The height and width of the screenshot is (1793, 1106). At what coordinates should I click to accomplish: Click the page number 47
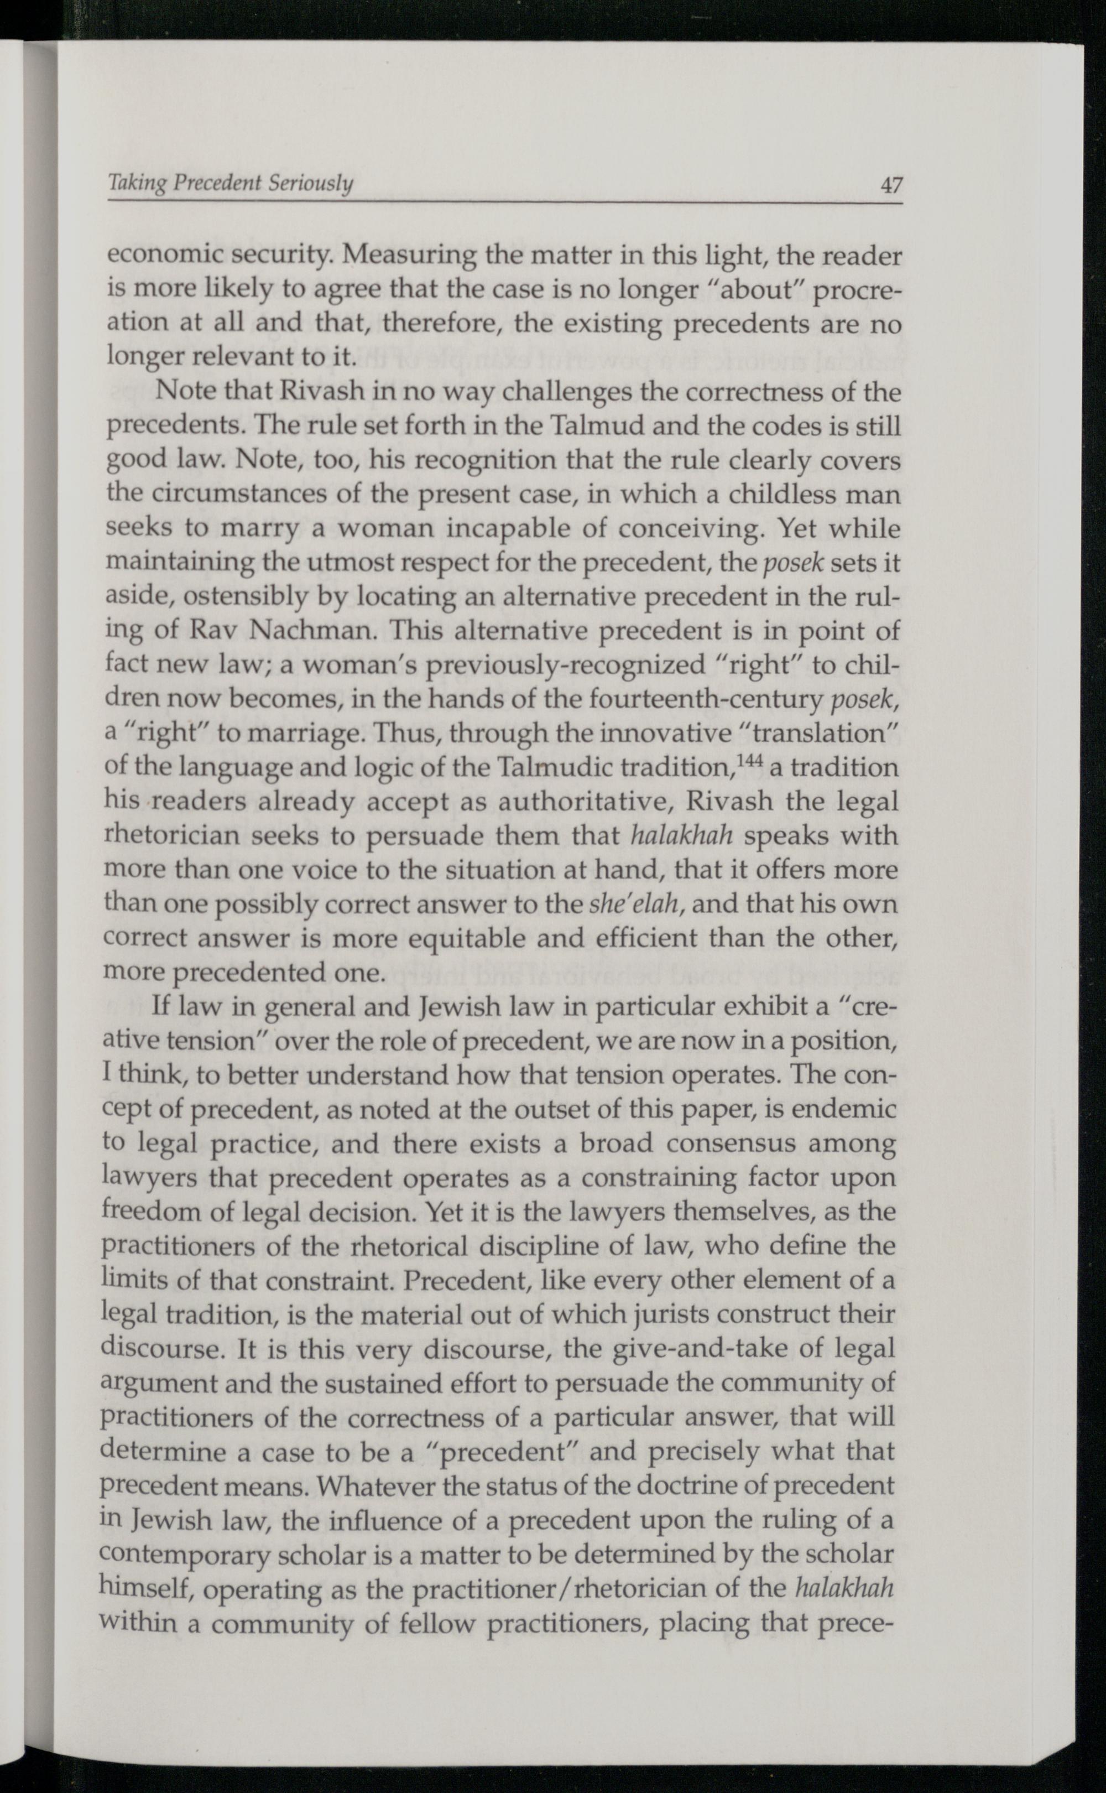(891, 186)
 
